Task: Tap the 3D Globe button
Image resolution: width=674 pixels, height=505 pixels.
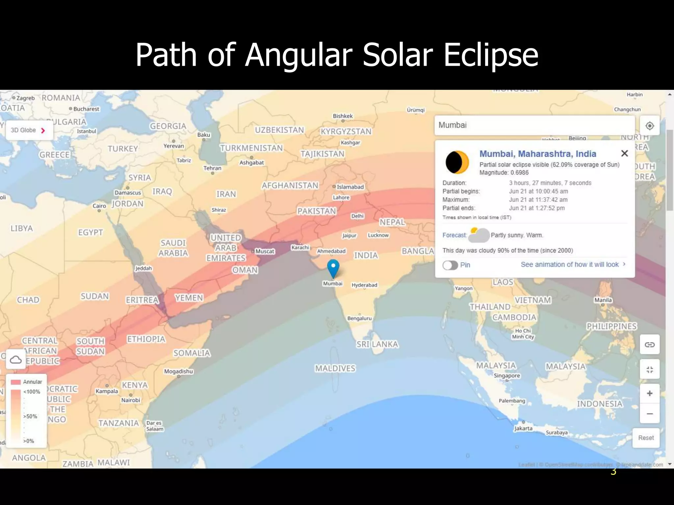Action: tap(28, 130)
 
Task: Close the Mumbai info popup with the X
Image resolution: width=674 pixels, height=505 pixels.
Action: tap(624, 153)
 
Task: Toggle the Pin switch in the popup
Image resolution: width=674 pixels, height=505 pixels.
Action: tap(450, 265)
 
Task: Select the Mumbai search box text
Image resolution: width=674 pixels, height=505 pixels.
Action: tap(453, 125)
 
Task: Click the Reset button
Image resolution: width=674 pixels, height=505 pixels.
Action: tap(646, 438)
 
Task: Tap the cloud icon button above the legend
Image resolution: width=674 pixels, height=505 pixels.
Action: tap(16, 360)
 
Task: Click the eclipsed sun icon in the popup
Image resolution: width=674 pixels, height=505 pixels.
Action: tap(457, 162)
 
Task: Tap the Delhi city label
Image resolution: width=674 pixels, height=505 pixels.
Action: tap(357, 216)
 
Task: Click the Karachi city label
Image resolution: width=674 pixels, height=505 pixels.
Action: tap(300, 247)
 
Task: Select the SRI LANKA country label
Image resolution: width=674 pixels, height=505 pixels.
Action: tap(377, 344)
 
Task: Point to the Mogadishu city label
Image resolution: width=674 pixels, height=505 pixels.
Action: tap(178, 371)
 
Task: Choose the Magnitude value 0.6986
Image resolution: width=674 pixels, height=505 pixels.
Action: tap(519, 173)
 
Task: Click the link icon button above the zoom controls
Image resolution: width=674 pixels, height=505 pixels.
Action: tap(649, 344)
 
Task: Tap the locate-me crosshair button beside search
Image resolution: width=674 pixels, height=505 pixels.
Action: tap(649, 126)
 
